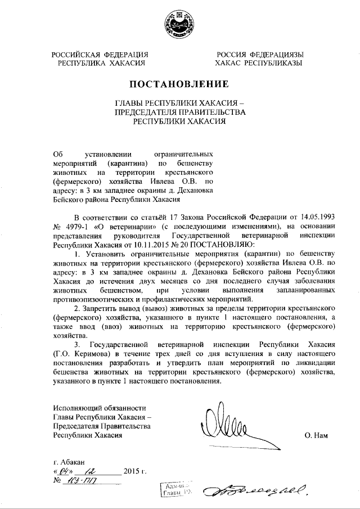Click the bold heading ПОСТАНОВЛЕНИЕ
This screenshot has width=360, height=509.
pos(179,85)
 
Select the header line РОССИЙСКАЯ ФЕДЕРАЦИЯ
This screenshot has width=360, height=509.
pos(100,55)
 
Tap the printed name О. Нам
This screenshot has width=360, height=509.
pos(317,435)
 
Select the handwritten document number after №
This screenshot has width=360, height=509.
pos(83,481)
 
